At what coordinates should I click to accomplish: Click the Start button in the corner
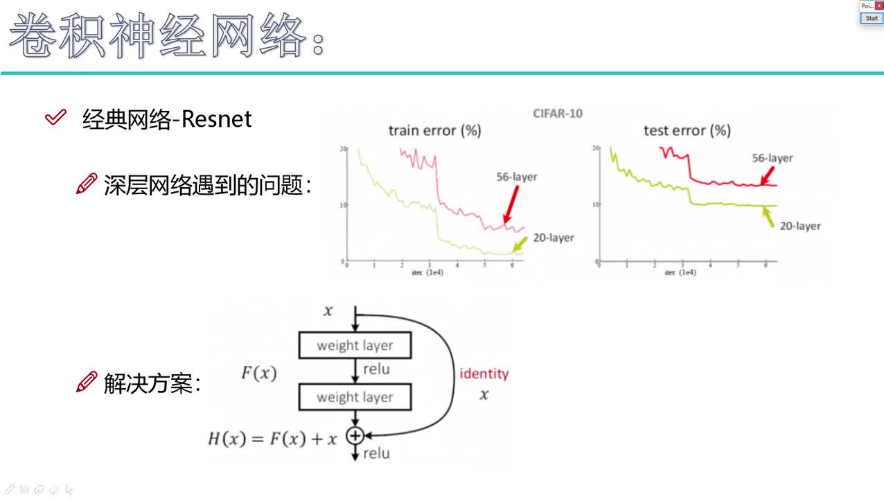872,19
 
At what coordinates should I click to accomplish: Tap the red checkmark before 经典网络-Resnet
55,118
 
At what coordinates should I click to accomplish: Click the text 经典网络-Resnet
167,119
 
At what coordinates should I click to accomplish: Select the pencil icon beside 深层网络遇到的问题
86,184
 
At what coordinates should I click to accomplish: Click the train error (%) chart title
434,130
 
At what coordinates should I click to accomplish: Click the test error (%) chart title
687,130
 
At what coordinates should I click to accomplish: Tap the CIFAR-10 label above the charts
558,113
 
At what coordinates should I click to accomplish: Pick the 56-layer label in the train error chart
516,177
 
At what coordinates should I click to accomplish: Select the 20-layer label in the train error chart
553,238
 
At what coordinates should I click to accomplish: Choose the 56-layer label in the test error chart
772,158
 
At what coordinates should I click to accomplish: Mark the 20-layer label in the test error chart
799,226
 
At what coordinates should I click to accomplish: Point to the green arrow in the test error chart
768,218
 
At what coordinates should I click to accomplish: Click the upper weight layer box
355,345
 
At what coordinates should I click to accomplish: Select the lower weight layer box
355,397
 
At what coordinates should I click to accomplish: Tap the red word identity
484,374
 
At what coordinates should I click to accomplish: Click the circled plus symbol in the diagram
355,435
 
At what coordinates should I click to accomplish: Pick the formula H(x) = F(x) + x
272,438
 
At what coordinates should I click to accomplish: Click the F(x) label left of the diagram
258,374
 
